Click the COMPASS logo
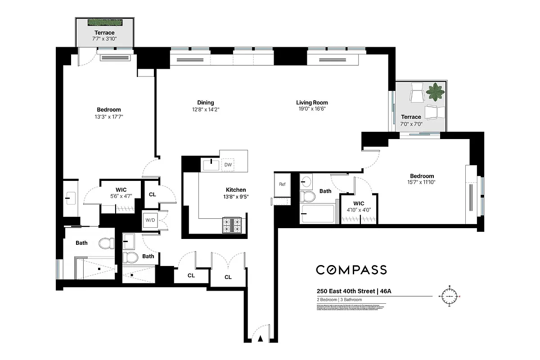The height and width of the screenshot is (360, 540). (351, 270)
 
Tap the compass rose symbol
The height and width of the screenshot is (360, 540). (449, 297)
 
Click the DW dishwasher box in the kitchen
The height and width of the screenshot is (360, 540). (228, 165)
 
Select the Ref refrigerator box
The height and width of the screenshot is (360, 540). (282, 184)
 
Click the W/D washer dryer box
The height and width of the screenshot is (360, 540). (149, 220)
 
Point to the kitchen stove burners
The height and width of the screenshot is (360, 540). (232, 225)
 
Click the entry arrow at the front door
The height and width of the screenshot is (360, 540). (260, 339)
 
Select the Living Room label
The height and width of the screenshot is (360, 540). (312, 103)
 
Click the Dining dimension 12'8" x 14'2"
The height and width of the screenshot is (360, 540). (205, 109)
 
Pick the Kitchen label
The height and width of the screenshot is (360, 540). (236, 190)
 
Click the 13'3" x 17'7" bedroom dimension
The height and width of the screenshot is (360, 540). (108, 117)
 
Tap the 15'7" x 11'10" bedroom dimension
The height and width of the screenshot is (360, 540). (422, 182)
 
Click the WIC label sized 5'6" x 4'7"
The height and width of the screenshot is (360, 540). (121, 190)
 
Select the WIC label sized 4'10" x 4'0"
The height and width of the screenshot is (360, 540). (359, 203)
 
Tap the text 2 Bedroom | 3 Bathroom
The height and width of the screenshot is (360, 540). (339, 300)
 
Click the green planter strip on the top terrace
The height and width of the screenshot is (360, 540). (105, 22)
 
